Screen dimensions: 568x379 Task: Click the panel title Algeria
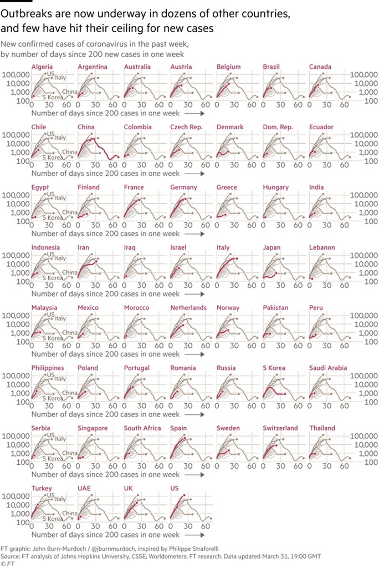[43, 67]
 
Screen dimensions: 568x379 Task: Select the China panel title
[86, 127]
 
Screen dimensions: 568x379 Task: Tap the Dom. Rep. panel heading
[278, 127]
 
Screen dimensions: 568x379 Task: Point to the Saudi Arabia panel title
[329, 368]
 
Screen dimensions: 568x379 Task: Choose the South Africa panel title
[142, 428]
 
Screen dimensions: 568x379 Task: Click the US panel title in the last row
[175, 489]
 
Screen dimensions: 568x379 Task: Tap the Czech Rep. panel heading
[187, 127]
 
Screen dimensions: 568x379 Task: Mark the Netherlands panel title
[188, 308]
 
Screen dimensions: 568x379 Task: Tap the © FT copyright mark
[8, 563]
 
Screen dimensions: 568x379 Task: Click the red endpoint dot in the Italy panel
[237, 259]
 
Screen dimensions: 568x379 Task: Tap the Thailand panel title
[322, 428]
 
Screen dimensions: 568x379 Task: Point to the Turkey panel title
[42, 489]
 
